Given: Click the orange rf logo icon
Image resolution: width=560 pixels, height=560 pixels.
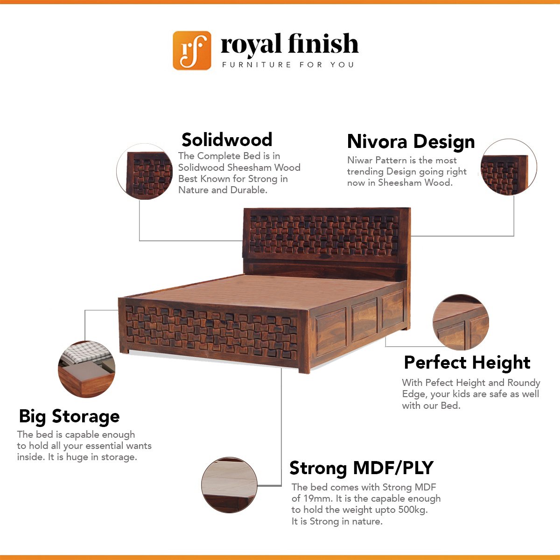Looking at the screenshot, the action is click(x=192, y=50).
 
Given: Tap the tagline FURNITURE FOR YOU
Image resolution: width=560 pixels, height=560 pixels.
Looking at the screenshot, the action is click(x=288, y=64).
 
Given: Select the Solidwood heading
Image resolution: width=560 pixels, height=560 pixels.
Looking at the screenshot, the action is click(x=227, y=140).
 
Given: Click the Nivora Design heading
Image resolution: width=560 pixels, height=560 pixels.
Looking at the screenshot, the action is click(x=411, y=141).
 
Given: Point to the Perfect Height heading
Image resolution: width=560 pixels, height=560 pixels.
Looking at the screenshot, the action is click(x=467, y=363).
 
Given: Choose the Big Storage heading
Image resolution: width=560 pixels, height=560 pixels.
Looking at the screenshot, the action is click(x=69, y=416).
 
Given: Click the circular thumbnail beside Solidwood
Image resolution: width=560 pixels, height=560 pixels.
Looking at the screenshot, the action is click(x=144, y=171).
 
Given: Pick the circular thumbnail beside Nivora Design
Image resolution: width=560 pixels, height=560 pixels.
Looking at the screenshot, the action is click(x=509, y=167).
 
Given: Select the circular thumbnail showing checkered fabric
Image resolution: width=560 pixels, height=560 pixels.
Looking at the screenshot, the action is click(x=87, y=369).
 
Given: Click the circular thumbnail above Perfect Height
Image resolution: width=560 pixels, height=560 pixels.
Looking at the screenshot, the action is click(x=461, y=322).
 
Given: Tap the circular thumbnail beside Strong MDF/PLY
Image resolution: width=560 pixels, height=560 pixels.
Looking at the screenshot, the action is click(x=229, y=485).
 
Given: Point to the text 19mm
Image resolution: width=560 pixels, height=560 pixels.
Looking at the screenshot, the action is click(x=318, y=498).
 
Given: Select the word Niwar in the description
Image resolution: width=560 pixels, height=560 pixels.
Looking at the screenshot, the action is click(x=360, y=160).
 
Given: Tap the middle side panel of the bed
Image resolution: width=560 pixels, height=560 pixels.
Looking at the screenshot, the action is click(x=364, y=319).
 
